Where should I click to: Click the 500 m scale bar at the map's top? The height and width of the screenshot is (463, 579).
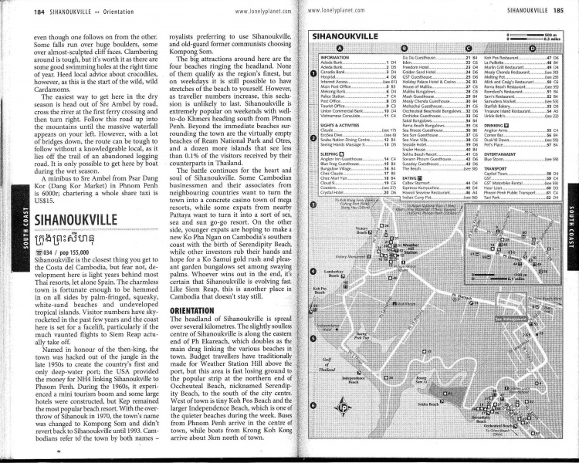coord(533,35)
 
